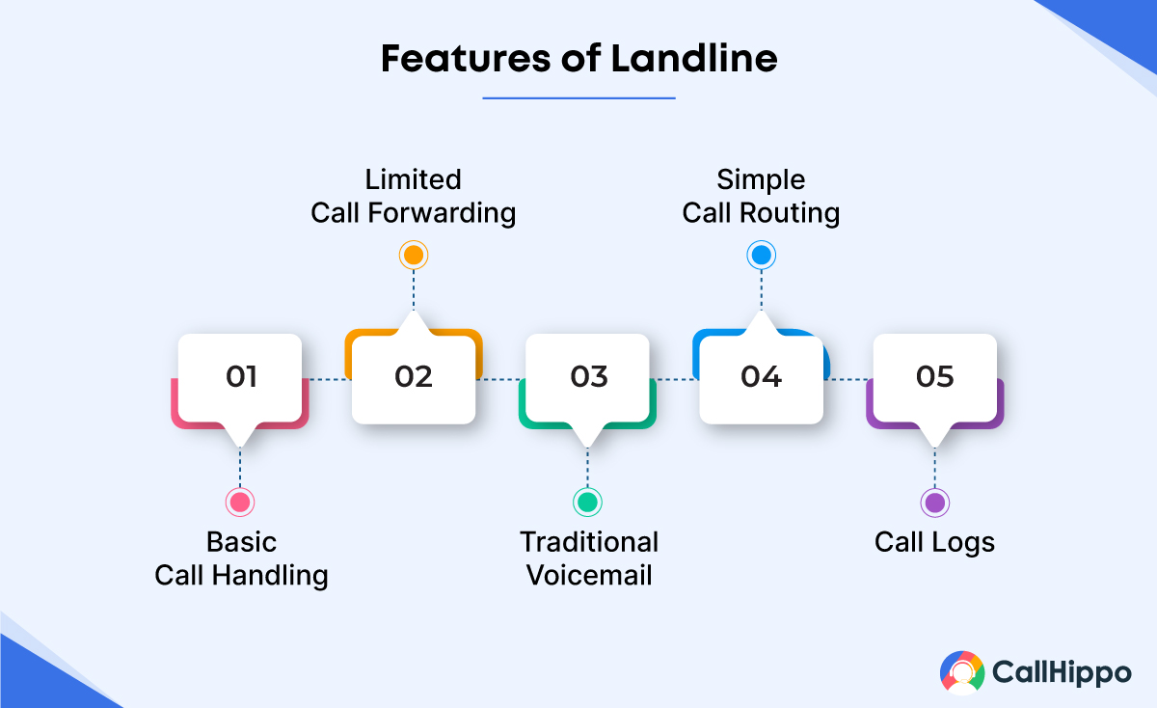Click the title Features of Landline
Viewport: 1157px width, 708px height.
click(578, 59)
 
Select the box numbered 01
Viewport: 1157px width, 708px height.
click(241, 376)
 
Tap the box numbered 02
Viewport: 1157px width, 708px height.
click(414, 376)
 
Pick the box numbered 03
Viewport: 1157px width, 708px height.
click(588, 376)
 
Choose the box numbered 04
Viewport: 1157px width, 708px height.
click(761, 376)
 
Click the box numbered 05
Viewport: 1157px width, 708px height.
click(934, 376)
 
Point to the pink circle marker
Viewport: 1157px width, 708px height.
click(239, 502)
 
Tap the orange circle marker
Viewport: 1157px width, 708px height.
click(414, 255)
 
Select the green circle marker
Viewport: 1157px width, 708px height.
click(587, 502)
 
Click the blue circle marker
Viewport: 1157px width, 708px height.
click(761, 255)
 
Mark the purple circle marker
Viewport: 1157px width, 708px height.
click(934, 502)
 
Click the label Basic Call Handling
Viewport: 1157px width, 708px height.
click(241, 558)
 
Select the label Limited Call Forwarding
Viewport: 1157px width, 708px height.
click(413, 196)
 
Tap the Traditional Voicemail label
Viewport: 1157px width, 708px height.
click(589, 558)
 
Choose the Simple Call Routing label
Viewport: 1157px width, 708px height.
click(761, 196)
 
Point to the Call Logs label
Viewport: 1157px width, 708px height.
click(934, 542)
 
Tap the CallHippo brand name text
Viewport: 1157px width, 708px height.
click(1061, 673)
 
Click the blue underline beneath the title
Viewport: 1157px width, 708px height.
click(578, 97)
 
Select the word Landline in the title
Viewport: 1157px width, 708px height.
click(694, 59)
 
